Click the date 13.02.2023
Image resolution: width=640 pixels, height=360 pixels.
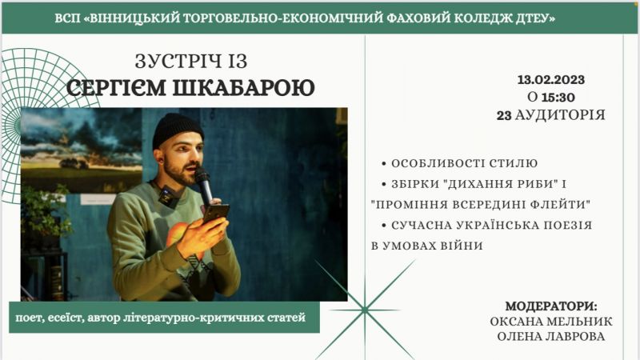tap(551, 79)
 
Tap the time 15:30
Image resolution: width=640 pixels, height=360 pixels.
tap(558, 97)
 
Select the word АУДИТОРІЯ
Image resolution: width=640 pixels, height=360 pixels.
tap(560, 115)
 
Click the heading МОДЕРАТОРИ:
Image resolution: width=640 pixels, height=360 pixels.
tap(551, 306)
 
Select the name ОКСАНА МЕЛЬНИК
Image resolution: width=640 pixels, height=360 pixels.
tap(551, 322)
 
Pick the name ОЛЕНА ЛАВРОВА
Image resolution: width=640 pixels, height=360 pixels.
tap(551, 336)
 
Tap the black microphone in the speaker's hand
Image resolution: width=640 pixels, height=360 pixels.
tap(204, 185)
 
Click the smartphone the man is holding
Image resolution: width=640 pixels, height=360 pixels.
tap(216, 213)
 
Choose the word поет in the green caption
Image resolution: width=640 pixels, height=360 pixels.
tap(28, 318)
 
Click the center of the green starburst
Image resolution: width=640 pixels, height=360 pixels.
tap(365, 310)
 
